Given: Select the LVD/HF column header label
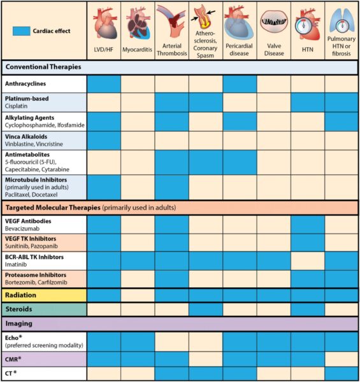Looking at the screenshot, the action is point(104,50).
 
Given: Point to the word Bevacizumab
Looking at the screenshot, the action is point(25,228).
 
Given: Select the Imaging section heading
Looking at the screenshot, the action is point(20,323).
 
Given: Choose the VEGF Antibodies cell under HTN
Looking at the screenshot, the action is point(308,224).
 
